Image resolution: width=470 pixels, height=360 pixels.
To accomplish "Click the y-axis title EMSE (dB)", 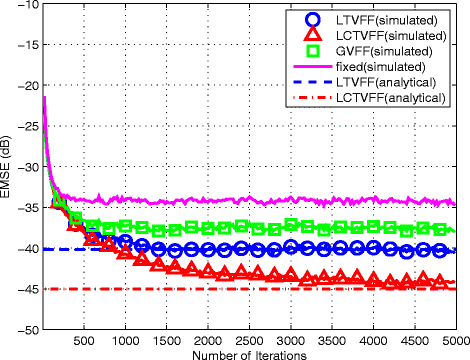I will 9,166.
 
